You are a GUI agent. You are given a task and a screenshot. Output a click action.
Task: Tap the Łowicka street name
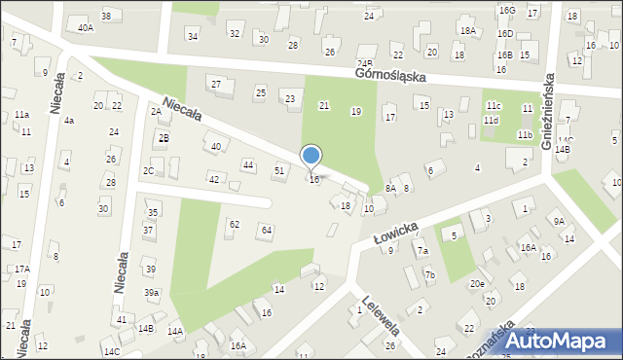click(x=395, y=234)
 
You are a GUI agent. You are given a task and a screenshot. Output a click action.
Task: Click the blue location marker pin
click(x=311, y=158)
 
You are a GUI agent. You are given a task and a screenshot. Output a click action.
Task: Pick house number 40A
click(x=86, y=28)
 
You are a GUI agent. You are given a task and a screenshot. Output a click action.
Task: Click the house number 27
click(x=216, y=85)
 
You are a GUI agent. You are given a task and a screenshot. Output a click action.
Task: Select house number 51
click(x=279, y=170)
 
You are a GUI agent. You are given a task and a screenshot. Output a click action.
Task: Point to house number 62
click(x=234, y=225)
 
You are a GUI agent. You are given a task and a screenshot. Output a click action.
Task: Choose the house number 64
click(x=266, y=230)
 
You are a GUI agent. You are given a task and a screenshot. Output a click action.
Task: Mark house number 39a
click(x=152, y=292)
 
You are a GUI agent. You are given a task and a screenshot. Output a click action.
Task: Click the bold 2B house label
click(x=164, y=138)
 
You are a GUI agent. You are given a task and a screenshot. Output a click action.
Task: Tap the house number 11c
click(x=494, y=105)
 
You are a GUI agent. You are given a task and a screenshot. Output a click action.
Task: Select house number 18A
click(x=468, y=31)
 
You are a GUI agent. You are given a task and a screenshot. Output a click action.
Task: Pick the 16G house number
click(x=506, y=10)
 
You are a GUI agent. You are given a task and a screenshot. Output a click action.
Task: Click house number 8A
click(x=390, y=188)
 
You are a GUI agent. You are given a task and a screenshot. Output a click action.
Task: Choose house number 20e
click(x=477, y=284)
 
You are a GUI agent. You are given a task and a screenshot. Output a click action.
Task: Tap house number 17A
click(x=21, y=269)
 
